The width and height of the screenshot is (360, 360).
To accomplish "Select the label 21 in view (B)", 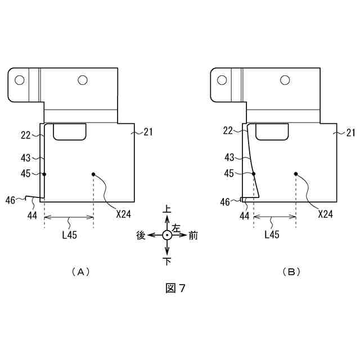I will click(x=350, y=133).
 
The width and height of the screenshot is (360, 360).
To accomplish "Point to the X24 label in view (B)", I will click(x=326, y=214).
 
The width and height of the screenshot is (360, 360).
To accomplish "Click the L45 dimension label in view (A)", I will click(x=70, y=235).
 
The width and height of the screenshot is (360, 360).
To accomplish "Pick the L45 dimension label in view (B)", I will click(x=272, y=235).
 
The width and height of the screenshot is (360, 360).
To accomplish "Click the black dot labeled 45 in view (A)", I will click(x=44, y=174).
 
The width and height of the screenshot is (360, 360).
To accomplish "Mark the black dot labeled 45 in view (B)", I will click(x=254, y=174).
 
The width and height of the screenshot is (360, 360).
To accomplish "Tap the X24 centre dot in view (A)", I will click(x=93, y=174).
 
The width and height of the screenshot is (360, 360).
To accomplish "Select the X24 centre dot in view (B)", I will click(x=295, y=174).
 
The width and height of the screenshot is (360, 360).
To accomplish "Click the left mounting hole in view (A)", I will click(x=20, y=80).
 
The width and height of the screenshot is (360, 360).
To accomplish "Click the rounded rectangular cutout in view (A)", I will click(x=70, y=132).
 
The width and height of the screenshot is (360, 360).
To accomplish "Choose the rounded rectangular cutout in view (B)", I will click(x=272, y=132).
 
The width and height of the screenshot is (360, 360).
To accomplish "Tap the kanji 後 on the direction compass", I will click(x=141, y=236).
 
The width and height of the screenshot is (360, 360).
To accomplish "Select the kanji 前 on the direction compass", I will click(x=193, y=236).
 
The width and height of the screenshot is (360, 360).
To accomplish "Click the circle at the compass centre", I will click(x=167, y=235).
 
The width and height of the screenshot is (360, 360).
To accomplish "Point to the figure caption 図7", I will click(x=175, y=288).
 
